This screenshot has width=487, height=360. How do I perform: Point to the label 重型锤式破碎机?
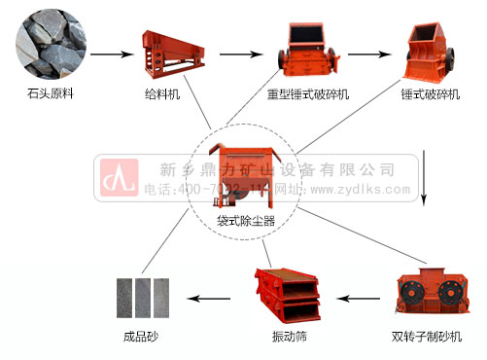point(308,95)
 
